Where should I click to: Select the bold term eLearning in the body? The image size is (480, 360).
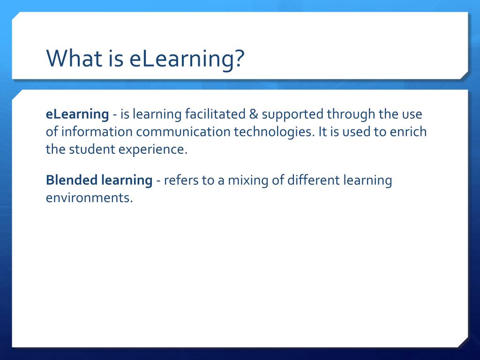(x=77, y=114)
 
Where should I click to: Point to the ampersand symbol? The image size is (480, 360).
(x=253, y=114)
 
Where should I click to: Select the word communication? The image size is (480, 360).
(x=184, y=132)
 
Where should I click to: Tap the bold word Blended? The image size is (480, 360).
(x=72, y=180)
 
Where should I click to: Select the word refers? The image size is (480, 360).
(x=181, y=180)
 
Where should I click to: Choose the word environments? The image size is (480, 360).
(x=89, y=197)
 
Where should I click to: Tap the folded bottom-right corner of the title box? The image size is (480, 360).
(x=464, y=75)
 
